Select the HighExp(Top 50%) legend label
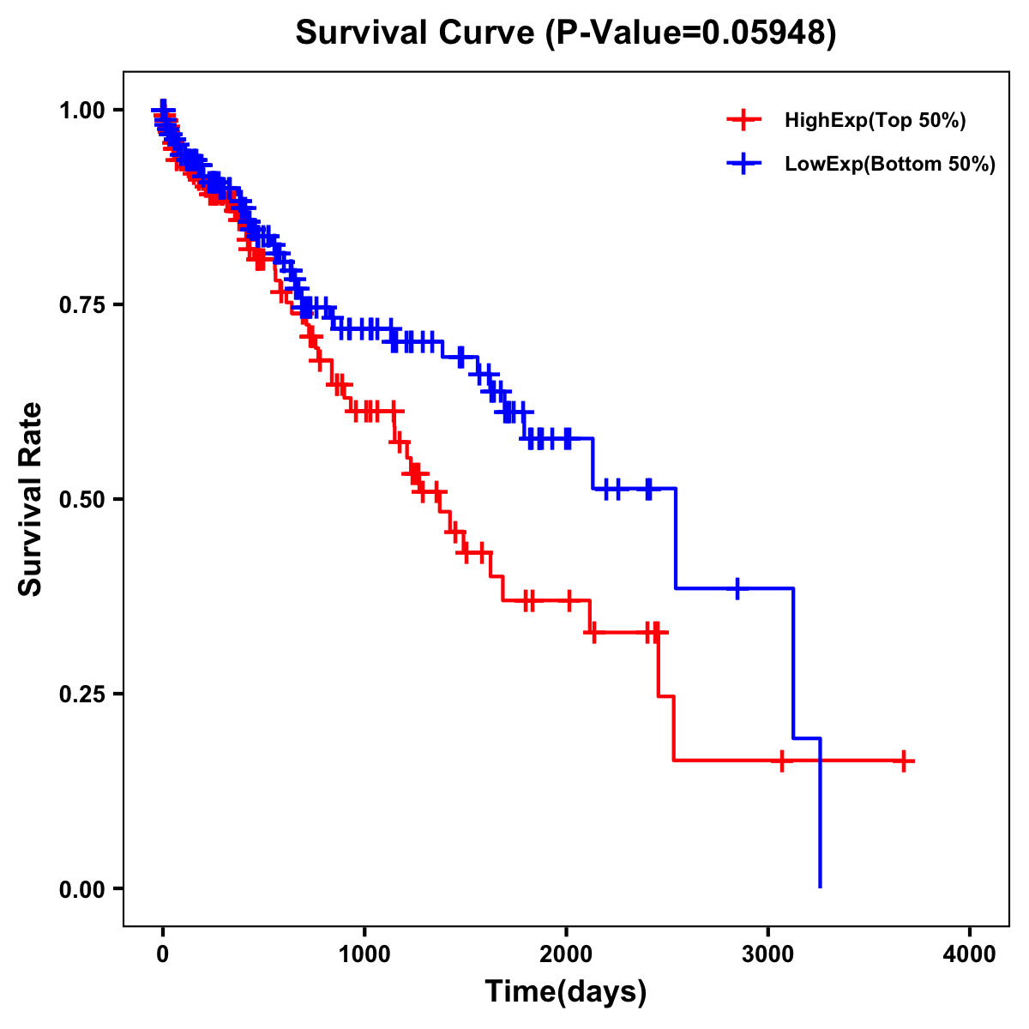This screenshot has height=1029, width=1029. [x=875, y=121]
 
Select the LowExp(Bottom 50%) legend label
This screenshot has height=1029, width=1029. [x=890, y=165]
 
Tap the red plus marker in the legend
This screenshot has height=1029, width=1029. [x=743, y=120]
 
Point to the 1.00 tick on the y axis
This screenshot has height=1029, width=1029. [x=81, y=110]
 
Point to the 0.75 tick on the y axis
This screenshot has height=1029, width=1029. [x=81, y=304]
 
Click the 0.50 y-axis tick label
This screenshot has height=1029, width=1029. [x=81, y=499]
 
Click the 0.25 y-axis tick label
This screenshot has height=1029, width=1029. [x=81, y=694]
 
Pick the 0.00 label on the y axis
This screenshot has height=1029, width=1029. [x=81, y=888]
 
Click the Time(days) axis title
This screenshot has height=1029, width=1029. [x=566, y=992]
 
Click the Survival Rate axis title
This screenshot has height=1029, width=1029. [x=31, y=499]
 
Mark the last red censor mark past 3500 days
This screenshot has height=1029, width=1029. [x=903, y=761]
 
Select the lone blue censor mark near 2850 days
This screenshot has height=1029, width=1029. [x=737, y=588]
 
